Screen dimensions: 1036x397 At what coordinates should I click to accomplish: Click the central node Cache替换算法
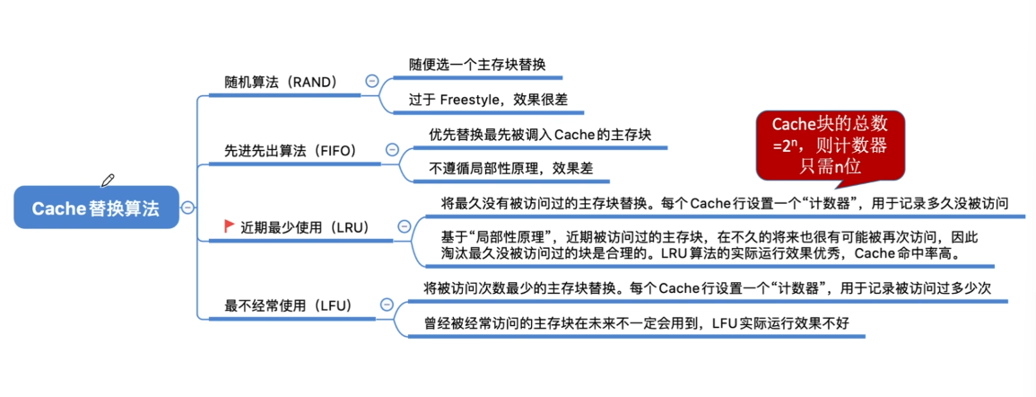(97, 207)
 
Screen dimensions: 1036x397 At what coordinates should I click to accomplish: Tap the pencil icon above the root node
(108, 180)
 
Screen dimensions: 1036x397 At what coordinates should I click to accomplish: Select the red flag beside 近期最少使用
(230, 225)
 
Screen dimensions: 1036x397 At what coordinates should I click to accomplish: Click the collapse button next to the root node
(187, 207)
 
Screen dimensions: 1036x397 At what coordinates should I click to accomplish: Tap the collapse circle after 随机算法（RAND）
(371, 82)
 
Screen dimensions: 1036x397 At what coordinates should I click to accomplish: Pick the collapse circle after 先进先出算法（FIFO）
(393, 150)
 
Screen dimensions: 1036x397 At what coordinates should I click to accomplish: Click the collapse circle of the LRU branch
(405, 227)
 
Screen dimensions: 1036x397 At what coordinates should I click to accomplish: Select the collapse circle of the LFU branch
(387, 304)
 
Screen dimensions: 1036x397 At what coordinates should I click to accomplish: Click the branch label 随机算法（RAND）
(282, 82)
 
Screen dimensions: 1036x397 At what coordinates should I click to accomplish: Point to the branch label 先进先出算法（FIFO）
(291, 150)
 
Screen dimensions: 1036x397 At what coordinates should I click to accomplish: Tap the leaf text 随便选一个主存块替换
(476, 65)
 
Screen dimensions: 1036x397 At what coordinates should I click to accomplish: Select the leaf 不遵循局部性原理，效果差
(510, 168)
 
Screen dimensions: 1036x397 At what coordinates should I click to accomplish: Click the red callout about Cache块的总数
(831, 145)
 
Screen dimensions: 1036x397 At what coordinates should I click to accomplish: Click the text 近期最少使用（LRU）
(305, 227)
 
